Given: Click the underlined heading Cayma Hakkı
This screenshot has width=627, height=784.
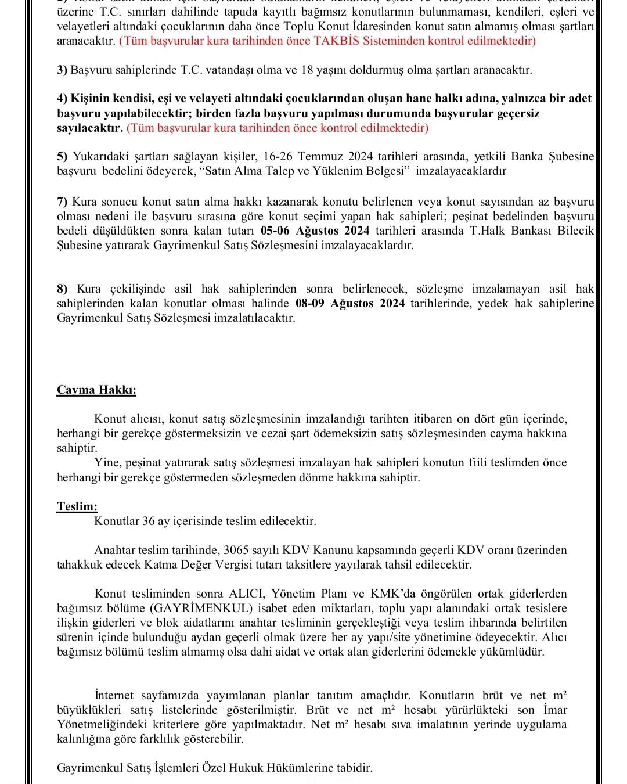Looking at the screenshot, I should pos(96,390).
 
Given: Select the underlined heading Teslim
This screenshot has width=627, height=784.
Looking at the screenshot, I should pos(77,506).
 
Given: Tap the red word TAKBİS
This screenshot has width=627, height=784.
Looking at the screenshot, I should pos(340,41).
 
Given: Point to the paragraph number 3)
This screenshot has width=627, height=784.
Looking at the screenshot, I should pos(63,70).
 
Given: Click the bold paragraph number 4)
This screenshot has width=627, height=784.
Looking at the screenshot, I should pos(63,99).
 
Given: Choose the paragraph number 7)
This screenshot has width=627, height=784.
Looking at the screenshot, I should pos(63,202).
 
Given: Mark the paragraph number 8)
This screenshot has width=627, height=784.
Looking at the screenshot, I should pos(63,289).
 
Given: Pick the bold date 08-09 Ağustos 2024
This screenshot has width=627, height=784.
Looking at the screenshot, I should pos(350,304).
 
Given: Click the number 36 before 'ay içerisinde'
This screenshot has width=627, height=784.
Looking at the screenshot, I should pos(149,521).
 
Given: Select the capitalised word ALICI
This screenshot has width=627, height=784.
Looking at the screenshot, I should pos(247,594).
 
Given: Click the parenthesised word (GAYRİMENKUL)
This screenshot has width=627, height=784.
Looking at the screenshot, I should pos(201,608).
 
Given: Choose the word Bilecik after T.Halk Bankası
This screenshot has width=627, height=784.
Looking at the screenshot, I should pos(575,231).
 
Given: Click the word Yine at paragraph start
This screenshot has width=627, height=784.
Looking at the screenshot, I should pos(106,463).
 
